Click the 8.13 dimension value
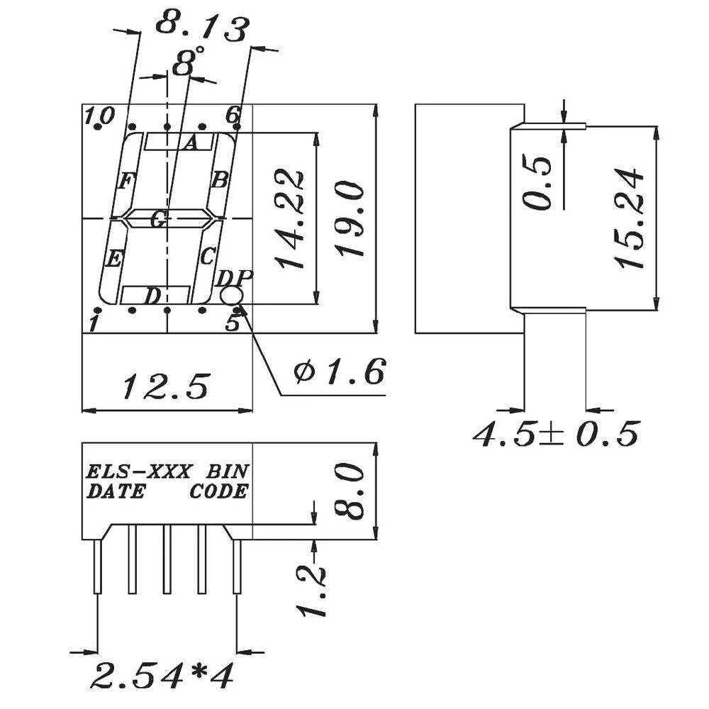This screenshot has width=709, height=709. [202, 26]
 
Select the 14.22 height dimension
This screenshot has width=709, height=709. [291, 219]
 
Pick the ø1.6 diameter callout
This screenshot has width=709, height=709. [340, 371]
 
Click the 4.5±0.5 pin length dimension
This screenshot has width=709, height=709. [557, 434]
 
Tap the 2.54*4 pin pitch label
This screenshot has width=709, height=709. [162, 676]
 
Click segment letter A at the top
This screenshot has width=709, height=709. [189, 144]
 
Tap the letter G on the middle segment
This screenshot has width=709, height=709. [159, 220]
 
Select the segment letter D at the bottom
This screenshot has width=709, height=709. [152, 296]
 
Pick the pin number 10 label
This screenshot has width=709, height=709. [99, 116]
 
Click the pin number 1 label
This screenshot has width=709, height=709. [93, 324]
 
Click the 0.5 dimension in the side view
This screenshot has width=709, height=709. [539, 182]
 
